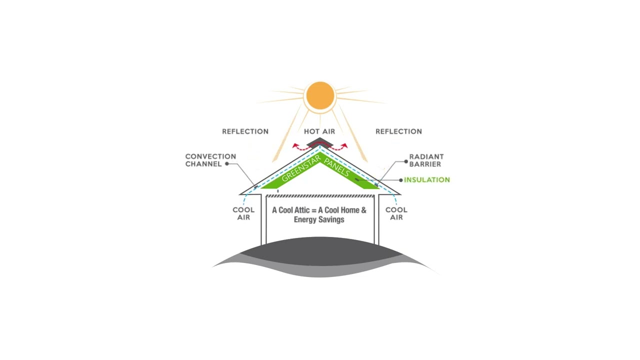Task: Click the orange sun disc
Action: click(320, 95)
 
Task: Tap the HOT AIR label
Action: click(319, 131)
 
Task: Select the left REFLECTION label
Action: click(245, 131)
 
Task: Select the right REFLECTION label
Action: click(398, 131)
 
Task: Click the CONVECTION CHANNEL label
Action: click(210, 160)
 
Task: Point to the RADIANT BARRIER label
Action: click(426, 160)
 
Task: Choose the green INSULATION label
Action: click(427, 180)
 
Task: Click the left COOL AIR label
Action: click(243, 213)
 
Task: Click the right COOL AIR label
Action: click(396, 213)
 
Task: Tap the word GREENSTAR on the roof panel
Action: click(301, 169)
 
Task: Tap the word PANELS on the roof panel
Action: click(336, 167)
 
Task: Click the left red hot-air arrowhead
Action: click(295, 146)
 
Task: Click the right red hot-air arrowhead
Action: click(345, 146)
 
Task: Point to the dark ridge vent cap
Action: click(319, 142)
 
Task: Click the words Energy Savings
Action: click(319, 219)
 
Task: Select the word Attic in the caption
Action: click(302, 210)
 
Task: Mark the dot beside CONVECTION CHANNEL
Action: click(227, 163)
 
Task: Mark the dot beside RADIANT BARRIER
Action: click(405, 161)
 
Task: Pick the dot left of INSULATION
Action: click(401, 180)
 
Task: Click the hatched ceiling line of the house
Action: click(319, 196)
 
